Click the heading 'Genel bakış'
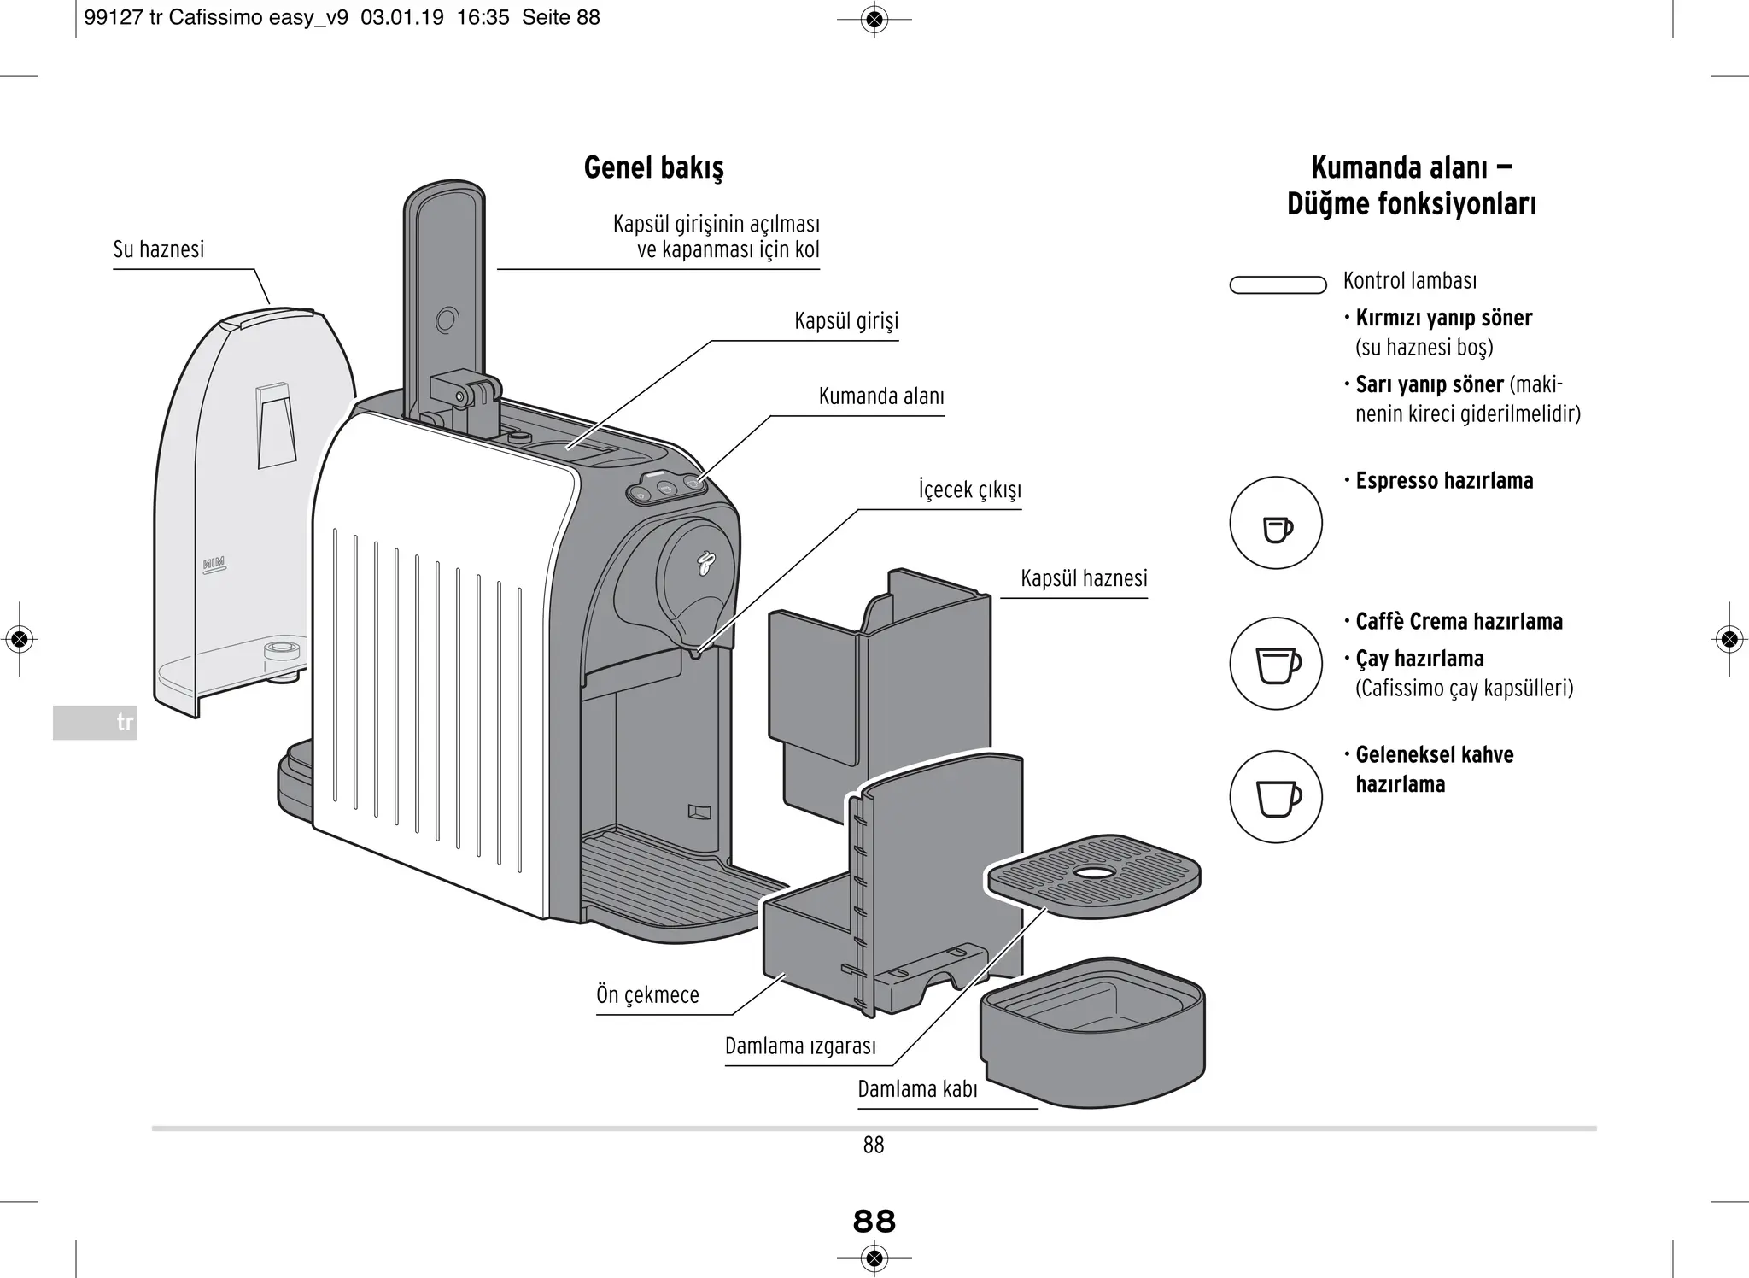[x=653, y=167]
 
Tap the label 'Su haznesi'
[x=159, y=249]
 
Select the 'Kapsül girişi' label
[x=845, y=321]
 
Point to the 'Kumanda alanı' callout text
[x=880, y=396]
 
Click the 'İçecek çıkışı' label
[x=969, y=490]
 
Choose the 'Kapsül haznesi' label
[x=1083, y=579]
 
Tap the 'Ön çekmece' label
[x=647, y=995]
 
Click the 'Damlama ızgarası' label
[x=800, y=1046]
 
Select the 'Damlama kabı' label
[x=917, y=1090]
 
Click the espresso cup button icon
[x=1276, y=524]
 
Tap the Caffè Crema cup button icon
[x=1276, y=664]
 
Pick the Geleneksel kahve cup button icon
[x=1276, y=797]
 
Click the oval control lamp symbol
[x=1278, y=285]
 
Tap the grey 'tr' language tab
[x=95, y=723]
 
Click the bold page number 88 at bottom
[x=874, y=1222]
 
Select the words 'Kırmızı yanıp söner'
[x=1443, y=319]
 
